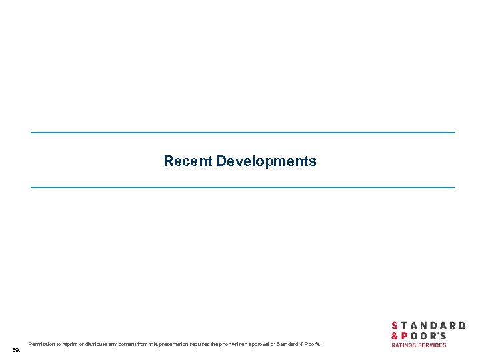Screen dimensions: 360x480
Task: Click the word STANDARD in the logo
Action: pyautogui.click(x=428, y=326)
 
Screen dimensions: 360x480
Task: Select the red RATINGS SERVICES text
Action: pyautogui.click(x=419, y=345)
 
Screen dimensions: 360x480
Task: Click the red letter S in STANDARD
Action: pyautogui.click(x=395, y=326)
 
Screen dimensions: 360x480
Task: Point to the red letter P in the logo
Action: pyautogui.click(x=405, y=336)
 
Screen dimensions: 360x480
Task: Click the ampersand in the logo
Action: pyautogui.click(x=395, y=336)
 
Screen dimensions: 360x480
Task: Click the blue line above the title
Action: pyautogui.click(x=243, y=133)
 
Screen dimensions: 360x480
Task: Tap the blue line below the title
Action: pyautogui.click(x=243, y=187)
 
